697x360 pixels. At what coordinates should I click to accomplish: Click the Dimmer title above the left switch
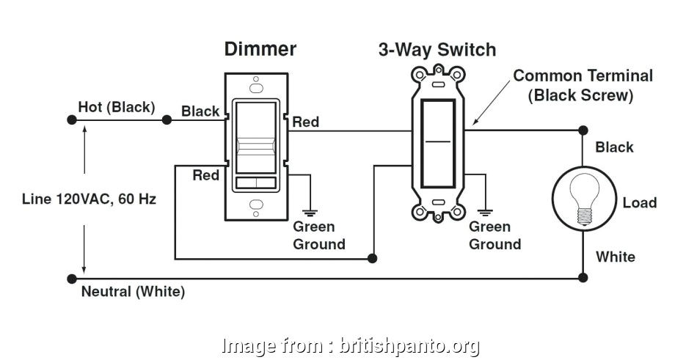pyautogui.click(x=260, y=49)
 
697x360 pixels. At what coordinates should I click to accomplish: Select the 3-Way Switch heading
pyautogui.click(x=437, y=50)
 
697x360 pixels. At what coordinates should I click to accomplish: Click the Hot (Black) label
pyautogui.click(x=117, y=107)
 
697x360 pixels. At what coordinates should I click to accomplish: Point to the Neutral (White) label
pyautogui.click(x=133, y=292)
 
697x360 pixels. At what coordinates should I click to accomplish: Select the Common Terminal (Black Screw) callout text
pyautogui.click(x=583, y=85)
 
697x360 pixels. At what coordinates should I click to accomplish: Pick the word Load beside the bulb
pyautogui.click(x=639, y=202)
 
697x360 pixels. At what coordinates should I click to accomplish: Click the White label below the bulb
pyautogui.click(x=615, y=257)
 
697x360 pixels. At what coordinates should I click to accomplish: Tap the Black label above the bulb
pyautogui.click(x=614, y=147)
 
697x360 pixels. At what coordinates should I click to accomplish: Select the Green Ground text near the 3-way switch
pyautogui.click(x=495, y=235)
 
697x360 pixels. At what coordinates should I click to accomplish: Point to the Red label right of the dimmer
pyautogui.click(x=306, y=122)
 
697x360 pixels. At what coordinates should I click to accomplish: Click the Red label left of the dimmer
pyautogui.click(x=205, y=175)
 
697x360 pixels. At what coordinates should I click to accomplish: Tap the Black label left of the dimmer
pyautogui.click(x=200, y=111)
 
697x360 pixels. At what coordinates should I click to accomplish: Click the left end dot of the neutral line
pyautogui.click(x=71, y=279)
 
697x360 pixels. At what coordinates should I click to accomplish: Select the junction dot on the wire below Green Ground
pyautogui.click(x=373, y=259)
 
